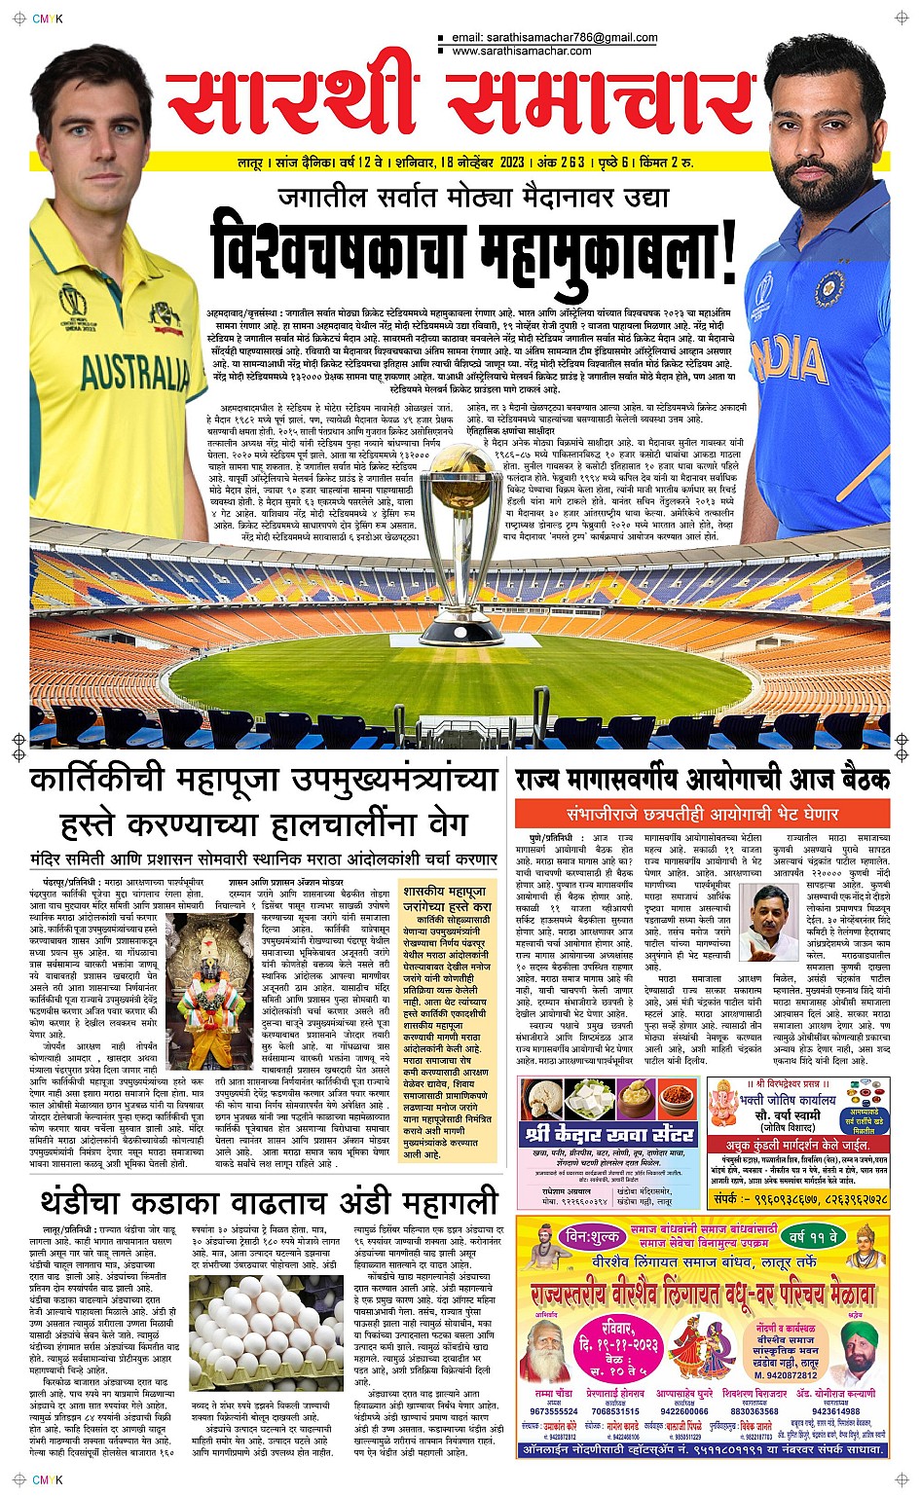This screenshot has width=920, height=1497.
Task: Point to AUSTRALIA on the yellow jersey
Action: [x=135, y=371]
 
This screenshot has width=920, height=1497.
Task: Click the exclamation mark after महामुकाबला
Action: [x=724, y=252]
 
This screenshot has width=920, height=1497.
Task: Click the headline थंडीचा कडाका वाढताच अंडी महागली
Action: [x=269, y=1203]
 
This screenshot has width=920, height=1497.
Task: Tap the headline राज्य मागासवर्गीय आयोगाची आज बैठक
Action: [x=702, y=779]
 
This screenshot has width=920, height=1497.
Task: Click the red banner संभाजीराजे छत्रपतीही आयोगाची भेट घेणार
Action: [x=702, y=814]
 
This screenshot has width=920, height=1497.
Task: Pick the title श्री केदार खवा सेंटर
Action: [x=609, y=1134]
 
